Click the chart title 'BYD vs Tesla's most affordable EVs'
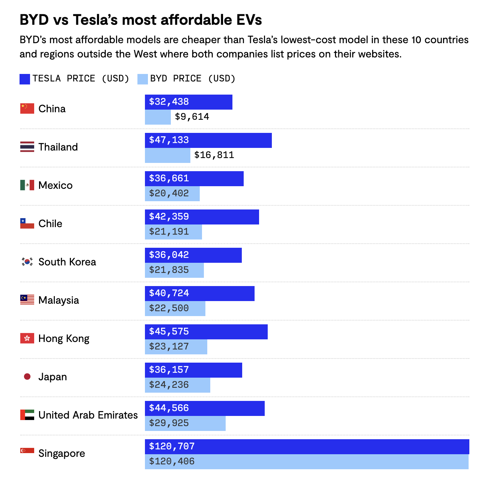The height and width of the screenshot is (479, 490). (141, 20)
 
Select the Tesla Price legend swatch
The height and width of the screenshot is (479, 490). (25, 79)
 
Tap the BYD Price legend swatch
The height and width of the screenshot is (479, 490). (143, 79)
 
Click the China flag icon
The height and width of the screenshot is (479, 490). (27, 108)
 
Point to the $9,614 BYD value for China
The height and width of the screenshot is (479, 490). (192, 117)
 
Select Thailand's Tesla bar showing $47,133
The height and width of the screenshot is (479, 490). (208, 140)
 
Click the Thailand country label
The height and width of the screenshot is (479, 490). (58, 147)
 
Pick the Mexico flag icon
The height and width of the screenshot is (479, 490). (27, 185)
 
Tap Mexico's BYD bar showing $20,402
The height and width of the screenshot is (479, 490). (172, 194)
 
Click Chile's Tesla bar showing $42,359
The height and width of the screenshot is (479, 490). (202, 217)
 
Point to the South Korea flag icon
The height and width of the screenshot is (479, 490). (27, 262)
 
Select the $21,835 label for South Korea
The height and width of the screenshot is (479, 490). (169, 270)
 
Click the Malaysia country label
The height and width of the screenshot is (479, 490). (59, 300)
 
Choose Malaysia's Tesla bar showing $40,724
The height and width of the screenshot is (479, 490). (199, 293)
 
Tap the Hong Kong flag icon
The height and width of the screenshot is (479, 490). (27, 338)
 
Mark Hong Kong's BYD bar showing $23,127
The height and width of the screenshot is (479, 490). (176, 347)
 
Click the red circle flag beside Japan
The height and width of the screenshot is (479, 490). (27, 377)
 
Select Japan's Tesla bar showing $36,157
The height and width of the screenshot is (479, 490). (193, 370)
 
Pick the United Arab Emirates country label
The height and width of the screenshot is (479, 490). (88, 415)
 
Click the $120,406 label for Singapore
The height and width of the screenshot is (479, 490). (172, 461)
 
